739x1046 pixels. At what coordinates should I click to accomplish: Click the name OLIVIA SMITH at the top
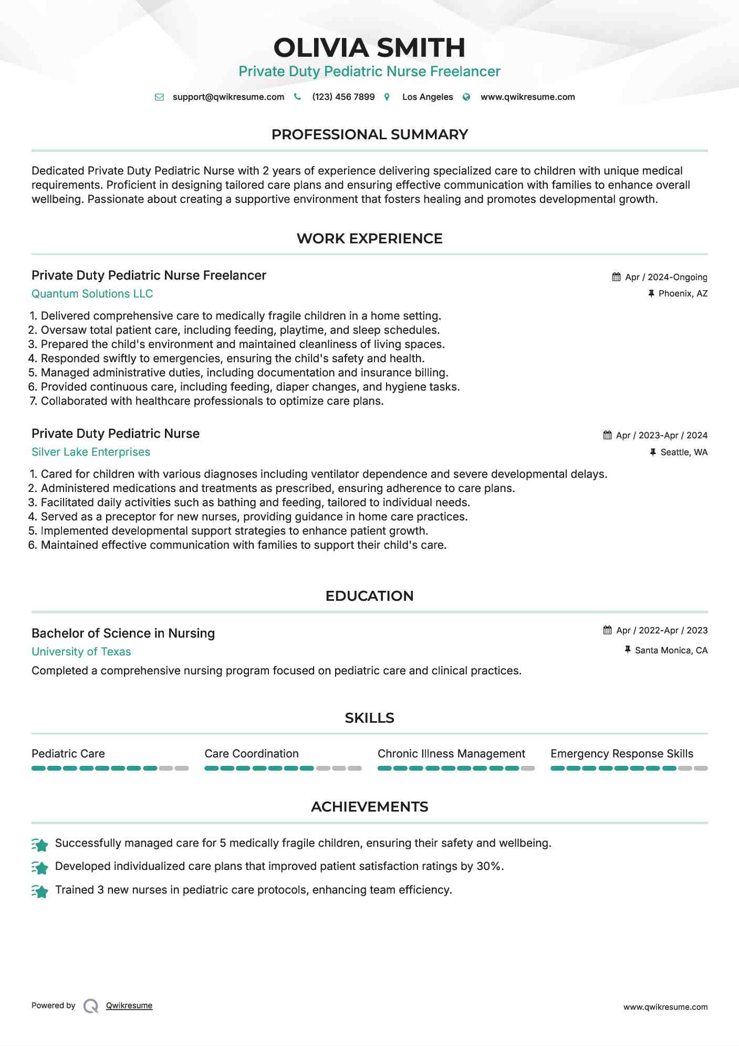pyautogui.click(x=369, y=48)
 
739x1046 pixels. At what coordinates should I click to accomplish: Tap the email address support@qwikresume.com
pyautogui.click(x=228, y=97)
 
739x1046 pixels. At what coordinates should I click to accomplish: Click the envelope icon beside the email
pyautogui.click(x=159, y=97)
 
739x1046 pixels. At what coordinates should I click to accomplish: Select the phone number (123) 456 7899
pyautogui.click(x=343, y=97)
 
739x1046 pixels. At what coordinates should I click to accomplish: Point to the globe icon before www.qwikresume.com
pyautogui.click(x=466, y=97)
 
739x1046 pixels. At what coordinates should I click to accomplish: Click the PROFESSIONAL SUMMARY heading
pyautogui.click(x=369, y=135)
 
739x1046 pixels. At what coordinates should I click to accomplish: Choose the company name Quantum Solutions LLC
pyautogui.click(x=92, y=294)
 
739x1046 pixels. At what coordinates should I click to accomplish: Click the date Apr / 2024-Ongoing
pyautogui.click(x=666, y=277)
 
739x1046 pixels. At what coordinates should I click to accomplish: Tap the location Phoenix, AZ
pyautogui.click(x=683, y=293)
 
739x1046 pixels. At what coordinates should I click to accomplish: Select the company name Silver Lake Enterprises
pyautogui.click(x=91, y=452)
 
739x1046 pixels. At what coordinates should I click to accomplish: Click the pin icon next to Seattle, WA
pyautogui.click(x=653, y=452)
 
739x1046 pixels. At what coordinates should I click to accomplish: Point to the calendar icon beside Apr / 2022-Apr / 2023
pyautogui.click(x=608, y=630)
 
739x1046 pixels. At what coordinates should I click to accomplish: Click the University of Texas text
pyautogui.click(x=81, y=652)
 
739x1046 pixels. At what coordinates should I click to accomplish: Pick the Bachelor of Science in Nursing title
pyautogui.click(x=123, y=633)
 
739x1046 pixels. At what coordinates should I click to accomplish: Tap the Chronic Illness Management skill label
pyautogui.click(x=451, y=754)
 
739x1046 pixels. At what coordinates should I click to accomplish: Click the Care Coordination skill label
pyautogui.click(x=252, y=754)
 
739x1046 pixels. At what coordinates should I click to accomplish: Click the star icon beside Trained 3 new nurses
pyautogui.click(x=40, y=891)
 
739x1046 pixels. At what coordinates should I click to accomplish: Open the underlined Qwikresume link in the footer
pyautogui.click(x=129, y=1006)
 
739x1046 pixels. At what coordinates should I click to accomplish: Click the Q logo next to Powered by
pyautogui.click(x=91, y=1006)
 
